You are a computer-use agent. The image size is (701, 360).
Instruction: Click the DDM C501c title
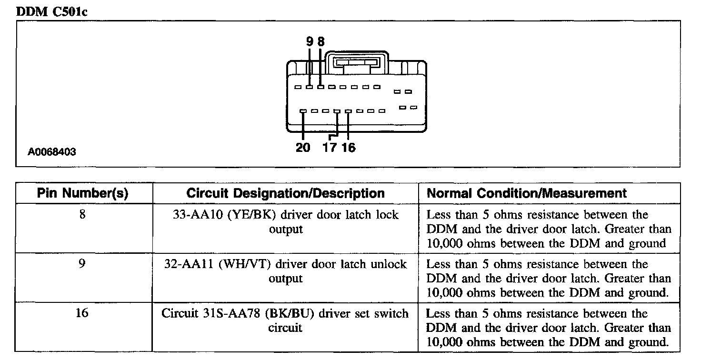click(51, 12)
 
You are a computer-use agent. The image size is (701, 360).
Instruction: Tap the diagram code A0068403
click(52, 152)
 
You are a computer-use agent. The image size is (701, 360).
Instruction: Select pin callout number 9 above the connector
click(310, 42)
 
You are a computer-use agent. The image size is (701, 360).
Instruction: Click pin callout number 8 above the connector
click(320, 42)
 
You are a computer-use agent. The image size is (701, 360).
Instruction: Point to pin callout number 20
click(303, 148)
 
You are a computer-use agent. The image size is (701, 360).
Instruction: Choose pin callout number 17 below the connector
click(330, 148)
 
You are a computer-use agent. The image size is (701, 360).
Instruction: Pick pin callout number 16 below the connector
click(348, 148)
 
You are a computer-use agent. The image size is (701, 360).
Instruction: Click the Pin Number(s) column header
click(82, 193)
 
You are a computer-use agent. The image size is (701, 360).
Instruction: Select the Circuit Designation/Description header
click(285, 193)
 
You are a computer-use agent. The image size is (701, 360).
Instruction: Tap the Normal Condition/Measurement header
click(527, 193)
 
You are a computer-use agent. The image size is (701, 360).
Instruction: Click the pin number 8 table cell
click(82, 215)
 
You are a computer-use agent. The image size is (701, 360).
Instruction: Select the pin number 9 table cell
click(82, 264)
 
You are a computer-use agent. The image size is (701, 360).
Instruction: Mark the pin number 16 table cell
click(82, 314)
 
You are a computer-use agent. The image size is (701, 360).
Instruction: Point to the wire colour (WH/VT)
click(245, 264)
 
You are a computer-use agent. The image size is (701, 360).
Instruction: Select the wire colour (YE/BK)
click(251, 215)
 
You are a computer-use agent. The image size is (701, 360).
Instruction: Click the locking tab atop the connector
click(356, 63)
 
